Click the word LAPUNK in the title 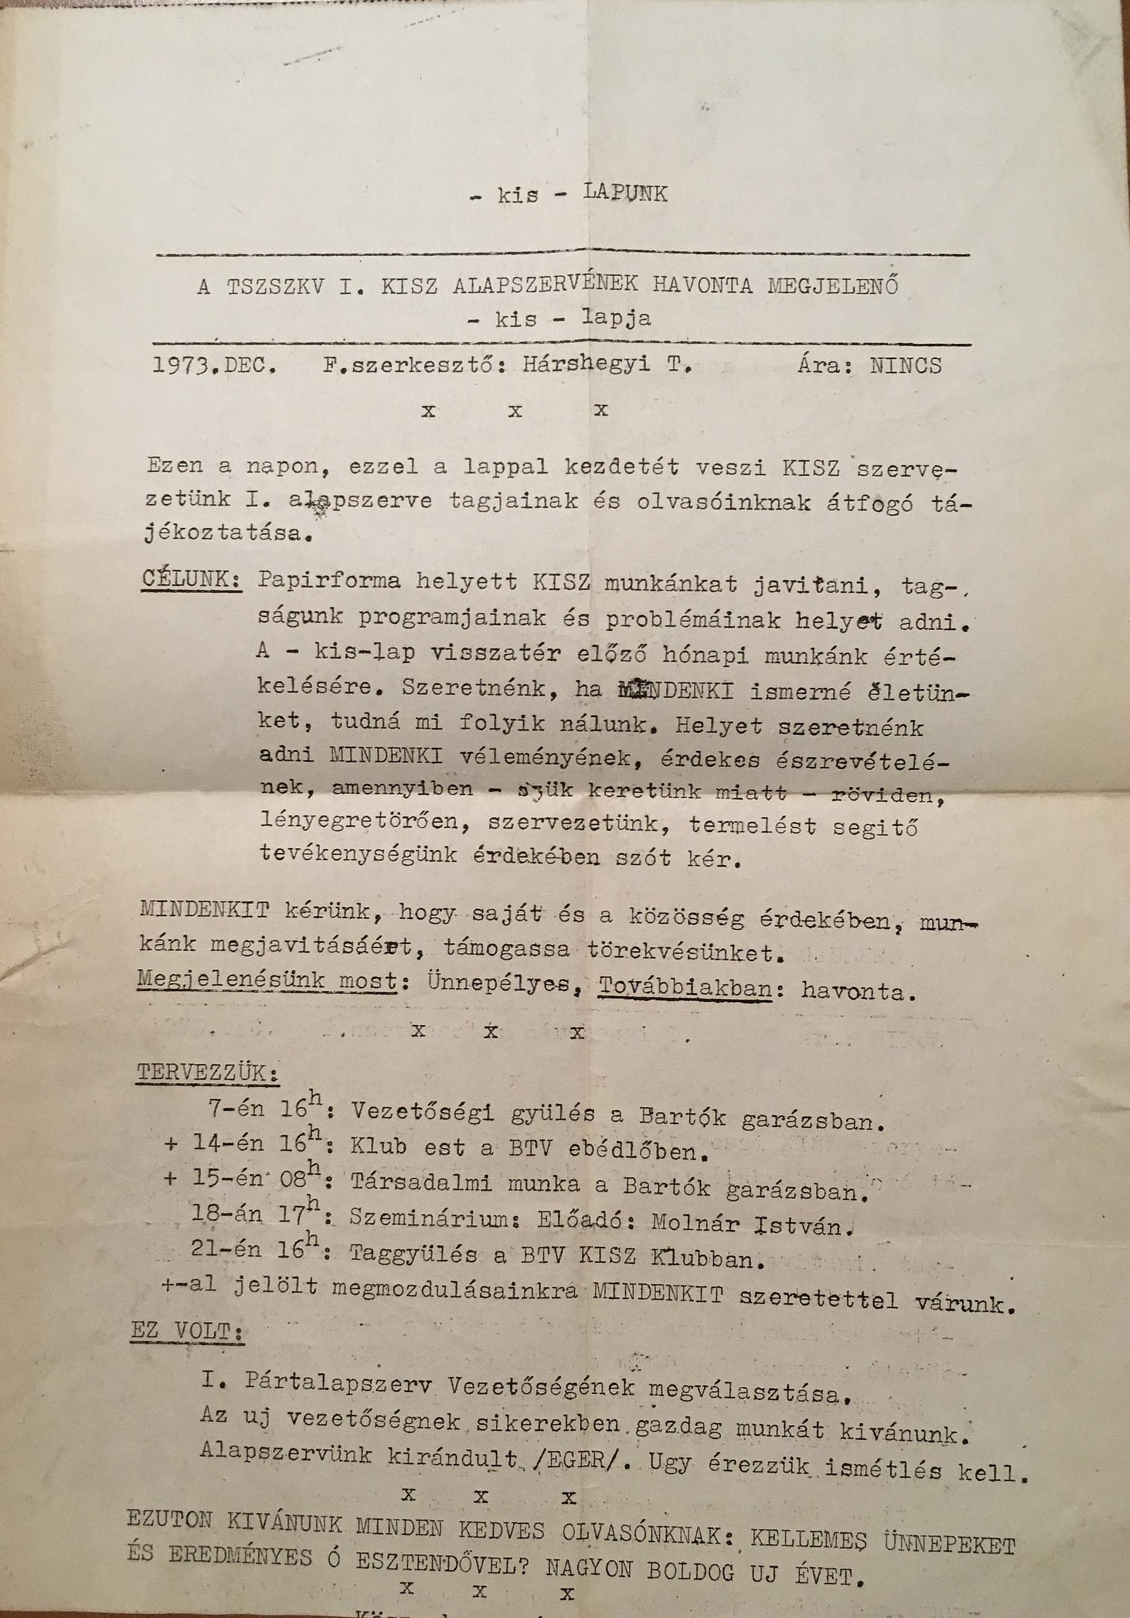pyautogui.click(x=623, y=193)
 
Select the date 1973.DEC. pyautogui.click(x=214, y=366)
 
